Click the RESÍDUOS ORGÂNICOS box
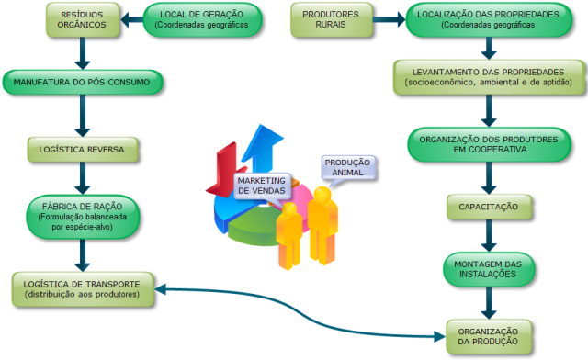coord(83,20)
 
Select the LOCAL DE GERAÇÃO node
coord(202,20)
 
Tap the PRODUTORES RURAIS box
coord(332,20)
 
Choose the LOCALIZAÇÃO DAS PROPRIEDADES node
coord(489,20)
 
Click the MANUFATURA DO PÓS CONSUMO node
coord(83,82)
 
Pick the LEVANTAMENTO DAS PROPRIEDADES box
coord(489,77)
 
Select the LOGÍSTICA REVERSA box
coord(83,150)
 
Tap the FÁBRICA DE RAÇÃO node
coord(83,217)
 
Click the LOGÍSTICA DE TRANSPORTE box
coord(83,289)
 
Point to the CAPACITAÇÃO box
coord(489,207)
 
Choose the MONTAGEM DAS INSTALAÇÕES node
coord(489,269)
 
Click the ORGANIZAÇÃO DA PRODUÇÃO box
coord(489,336)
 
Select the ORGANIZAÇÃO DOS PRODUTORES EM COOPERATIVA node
coord(489,144)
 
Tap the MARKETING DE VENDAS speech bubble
coord(262,186)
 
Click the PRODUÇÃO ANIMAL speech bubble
coord(347,168)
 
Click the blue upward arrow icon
coord(264,149)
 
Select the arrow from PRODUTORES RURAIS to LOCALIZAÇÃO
coord(389,19)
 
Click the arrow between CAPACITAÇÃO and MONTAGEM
coord(489,235)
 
